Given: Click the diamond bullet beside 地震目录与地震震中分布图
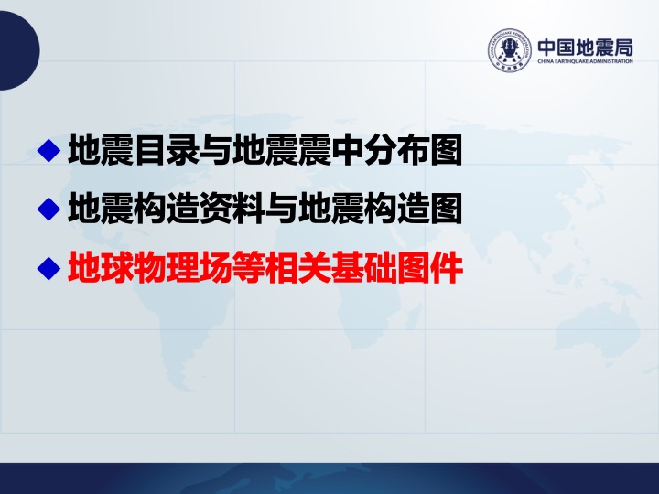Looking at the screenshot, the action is (x=49, y=150).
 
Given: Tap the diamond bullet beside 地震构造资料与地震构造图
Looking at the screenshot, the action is (x=49, y=209).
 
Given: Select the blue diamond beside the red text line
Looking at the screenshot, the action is (x=49, y=268).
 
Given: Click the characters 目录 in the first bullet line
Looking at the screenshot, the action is (x=167, y=150).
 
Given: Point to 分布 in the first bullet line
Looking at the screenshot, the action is (x=396, y=150).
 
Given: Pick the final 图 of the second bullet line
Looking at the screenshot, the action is (x=446, y=209).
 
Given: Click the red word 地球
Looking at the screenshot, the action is (x=101, y=267).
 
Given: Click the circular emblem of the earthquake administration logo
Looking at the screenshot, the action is (x=510, y=50).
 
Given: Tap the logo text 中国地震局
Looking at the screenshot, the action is (x=586, y=47).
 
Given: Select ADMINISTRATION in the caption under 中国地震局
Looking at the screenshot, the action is (x=611, y=61).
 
